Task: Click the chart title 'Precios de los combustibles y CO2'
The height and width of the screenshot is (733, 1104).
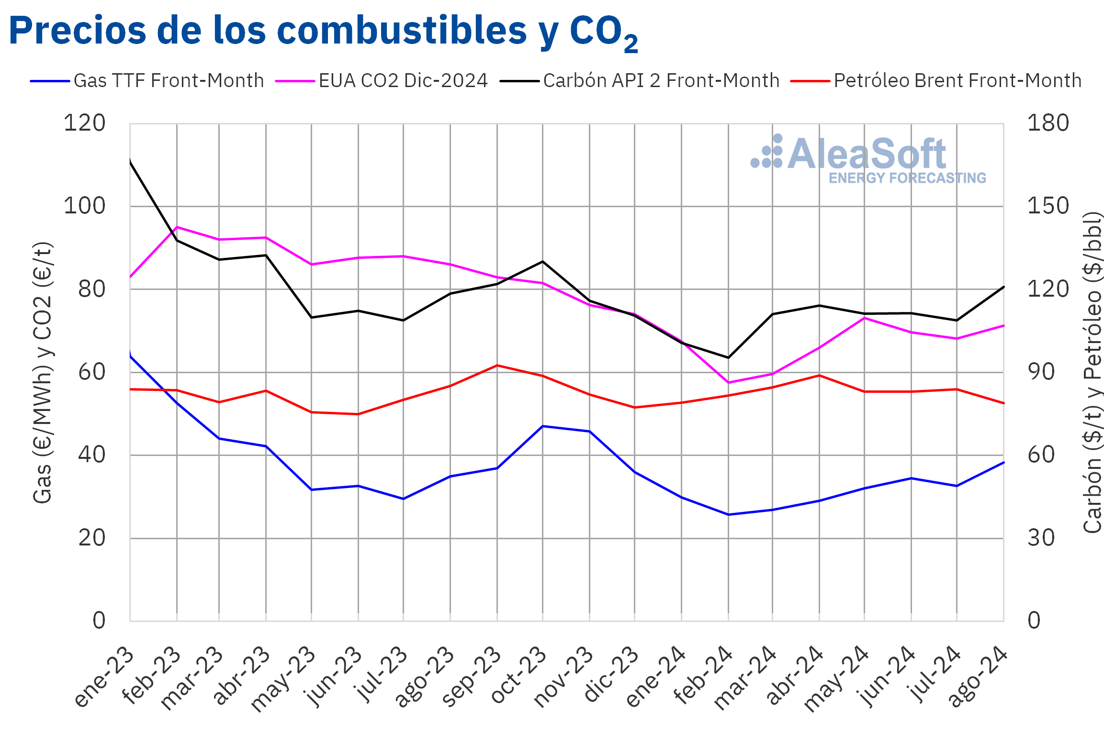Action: click(323, 32)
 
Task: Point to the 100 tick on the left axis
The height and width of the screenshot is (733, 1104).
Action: click(84, 206)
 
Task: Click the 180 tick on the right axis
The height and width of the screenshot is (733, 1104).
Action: click(1048, 123)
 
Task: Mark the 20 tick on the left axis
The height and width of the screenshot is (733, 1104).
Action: click(92, 538)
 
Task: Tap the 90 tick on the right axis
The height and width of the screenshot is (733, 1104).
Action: click(1041, 372)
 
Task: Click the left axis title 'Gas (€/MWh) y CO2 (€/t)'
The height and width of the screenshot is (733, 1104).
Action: click(43, 372)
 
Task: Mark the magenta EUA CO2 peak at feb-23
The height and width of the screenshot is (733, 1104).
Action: click(177, 227)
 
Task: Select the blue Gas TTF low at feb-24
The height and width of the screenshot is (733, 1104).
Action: click(728, 514)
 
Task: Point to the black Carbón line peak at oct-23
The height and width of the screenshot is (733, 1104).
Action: click(542, 262)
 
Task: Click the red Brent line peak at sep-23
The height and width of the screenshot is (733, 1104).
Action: click(497, 365)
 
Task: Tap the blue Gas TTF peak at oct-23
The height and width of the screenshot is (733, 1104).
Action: click(542, 426)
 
